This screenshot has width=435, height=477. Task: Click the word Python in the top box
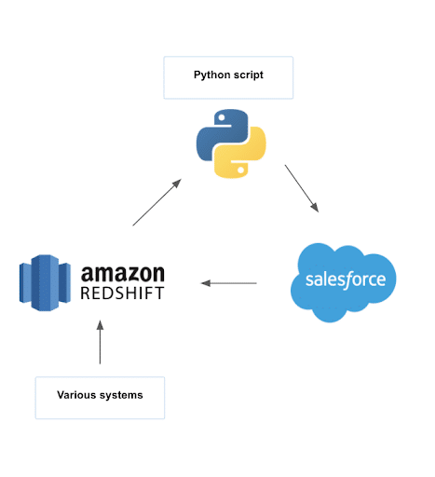[212, 75]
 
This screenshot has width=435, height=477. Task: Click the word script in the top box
[249, 75]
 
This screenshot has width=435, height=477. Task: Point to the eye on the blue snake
[222, 118]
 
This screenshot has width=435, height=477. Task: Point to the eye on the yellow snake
[240, 170]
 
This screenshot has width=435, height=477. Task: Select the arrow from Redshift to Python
[157, 202]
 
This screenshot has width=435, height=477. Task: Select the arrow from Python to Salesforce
[302, 188]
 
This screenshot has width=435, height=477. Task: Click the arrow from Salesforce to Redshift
[228, 283]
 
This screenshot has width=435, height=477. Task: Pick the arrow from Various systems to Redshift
[100, 342]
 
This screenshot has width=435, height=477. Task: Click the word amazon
[123, 274]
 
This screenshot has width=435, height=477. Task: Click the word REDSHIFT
[122, 293]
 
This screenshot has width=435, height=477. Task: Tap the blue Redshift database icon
[45, 282]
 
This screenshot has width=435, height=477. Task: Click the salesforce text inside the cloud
[346, 279]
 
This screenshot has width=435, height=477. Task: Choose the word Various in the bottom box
[76, 395]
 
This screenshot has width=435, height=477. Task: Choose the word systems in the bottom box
[121, 396]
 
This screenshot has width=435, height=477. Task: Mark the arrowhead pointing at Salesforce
[315, 208]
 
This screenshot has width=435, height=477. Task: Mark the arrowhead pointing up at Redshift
[100, 325]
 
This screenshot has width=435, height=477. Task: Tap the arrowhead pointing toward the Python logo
[177, 183]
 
